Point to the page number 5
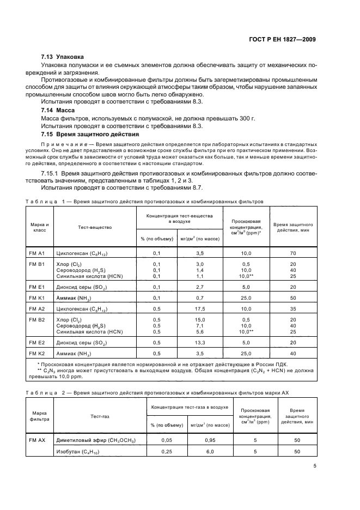pyautogui.click(x=315, y=466)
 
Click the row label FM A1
pyautogui.click(x=37, y=253)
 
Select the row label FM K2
pyautogui.click(x=37, y=354)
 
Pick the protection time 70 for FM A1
pyautogui.click(x=293, y=253)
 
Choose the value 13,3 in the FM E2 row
pyautogui.click(x=199, y=342)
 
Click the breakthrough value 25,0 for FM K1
pyautogui.click(x=246, y=298)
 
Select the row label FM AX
pyautogui.click(x=37, y=440)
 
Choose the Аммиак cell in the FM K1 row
pyautogui.click(x=76, y=298)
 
